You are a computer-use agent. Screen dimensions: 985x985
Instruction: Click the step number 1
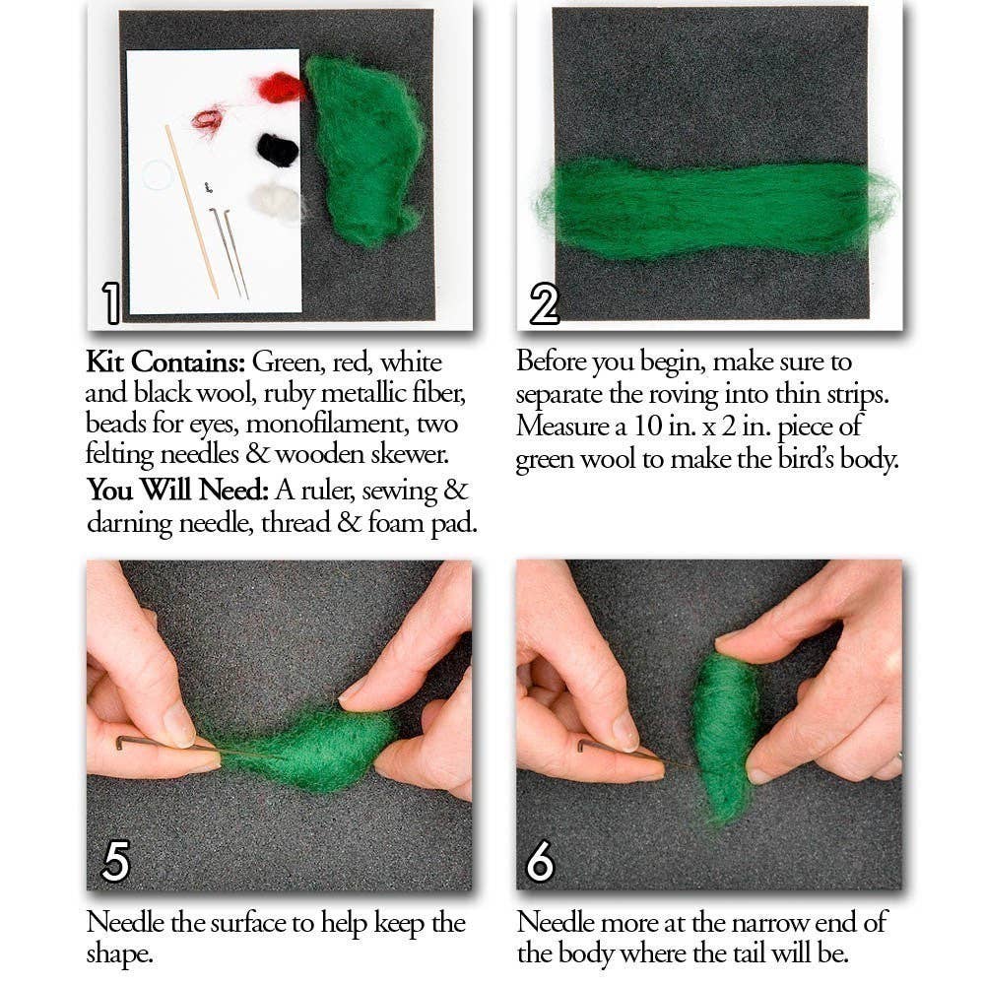click(x=111, y=302)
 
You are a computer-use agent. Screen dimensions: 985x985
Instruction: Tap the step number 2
click(x=544, y=302)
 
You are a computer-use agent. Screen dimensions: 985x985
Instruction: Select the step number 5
click(x=115, y=862)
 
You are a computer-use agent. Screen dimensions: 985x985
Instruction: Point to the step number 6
click(x=540, y=862)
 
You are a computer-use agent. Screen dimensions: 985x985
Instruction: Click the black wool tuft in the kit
click(x=278, y=150)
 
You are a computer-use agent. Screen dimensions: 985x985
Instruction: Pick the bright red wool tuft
click(x=280, y=88)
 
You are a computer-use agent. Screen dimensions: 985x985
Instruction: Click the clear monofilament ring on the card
click(x=158, y=175)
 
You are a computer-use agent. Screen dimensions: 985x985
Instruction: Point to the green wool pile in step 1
click(x=364, y=148)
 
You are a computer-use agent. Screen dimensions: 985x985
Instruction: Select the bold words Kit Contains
click(x=164, y=362)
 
